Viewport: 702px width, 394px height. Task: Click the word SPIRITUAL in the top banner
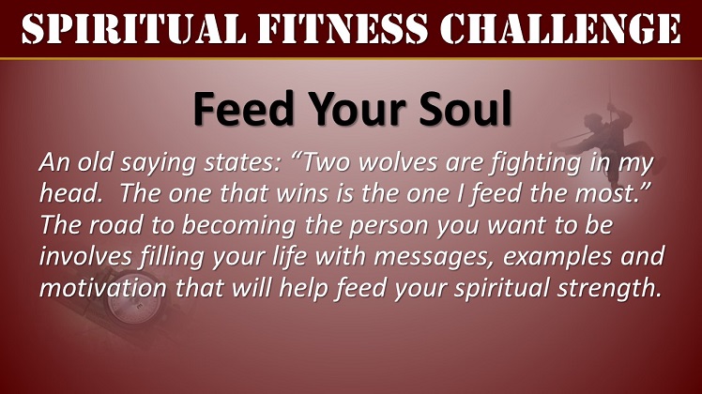point(134,29)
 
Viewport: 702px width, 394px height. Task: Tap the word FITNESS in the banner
point(343,29)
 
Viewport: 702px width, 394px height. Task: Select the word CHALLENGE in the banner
point(560,29)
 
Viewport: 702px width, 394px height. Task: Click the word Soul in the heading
point(465,109)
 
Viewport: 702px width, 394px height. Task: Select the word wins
point(302,194)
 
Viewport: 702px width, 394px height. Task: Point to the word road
point(115,225)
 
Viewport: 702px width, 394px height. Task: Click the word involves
point(85,256)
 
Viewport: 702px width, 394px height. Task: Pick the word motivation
point(103,288)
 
